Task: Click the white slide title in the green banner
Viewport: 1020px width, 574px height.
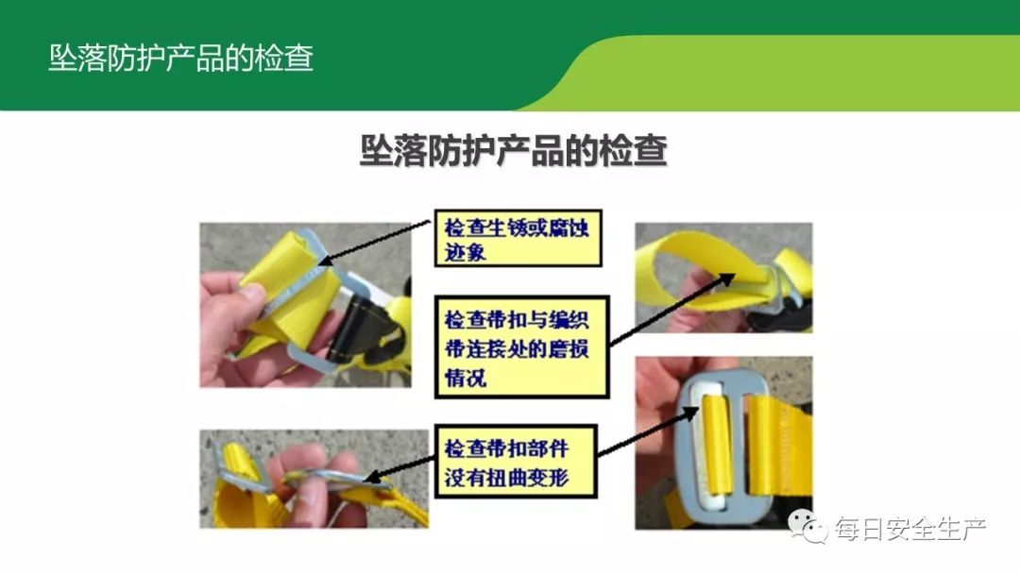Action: click(180, 58)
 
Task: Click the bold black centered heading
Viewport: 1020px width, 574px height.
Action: click(513, 150)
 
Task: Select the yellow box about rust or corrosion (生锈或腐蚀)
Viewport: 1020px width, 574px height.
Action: click(518, 239)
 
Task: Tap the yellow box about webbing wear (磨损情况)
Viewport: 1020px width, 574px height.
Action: click(521, 347)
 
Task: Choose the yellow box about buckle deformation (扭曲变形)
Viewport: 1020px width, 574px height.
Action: click(516, 462)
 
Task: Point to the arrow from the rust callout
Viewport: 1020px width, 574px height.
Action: click(374, 243)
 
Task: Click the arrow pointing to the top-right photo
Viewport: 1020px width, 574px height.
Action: click(672, 310)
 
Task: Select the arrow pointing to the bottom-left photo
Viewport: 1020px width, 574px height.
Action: click(399, 468)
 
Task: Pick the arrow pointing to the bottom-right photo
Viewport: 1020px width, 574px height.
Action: click(648, 431)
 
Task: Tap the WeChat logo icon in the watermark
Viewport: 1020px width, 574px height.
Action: click(807, 527)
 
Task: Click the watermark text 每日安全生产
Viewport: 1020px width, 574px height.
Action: click(910, 528)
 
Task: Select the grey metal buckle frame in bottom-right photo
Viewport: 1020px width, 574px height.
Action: click(714, 447)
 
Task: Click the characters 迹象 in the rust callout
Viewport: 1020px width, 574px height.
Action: click(465, 252)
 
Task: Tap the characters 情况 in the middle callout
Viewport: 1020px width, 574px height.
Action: click(465, 377)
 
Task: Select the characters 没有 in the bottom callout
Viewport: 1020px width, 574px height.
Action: click(465, 478)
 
